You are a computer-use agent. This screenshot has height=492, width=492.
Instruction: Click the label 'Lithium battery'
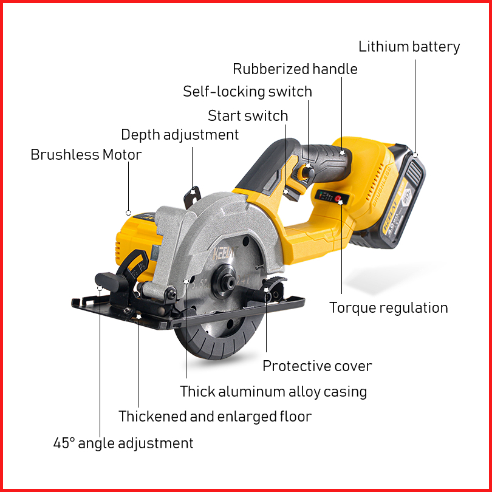coord(409,47)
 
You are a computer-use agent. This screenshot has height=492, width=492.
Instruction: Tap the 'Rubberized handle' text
coord(295,69)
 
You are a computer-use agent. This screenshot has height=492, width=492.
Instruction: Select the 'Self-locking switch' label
coord(247,92)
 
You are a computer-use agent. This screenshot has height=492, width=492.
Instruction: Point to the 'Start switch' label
coord(248,115)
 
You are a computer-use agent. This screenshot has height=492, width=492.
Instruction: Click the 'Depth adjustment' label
coord(180,135)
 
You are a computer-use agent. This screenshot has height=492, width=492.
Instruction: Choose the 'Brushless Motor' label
coord(86,155)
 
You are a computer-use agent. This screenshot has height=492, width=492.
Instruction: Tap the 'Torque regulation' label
coord(388,308)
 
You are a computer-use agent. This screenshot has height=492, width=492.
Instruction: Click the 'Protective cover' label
coord(317,366)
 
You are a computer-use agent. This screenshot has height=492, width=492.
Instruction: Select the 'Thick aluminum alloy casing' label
coord(273,392)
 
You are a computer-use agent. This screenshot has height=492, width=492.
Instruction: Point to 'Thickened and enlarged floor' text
coord(214,417)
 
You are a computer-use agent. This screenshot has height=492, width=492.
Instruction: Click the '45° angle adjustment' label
coord(123,443)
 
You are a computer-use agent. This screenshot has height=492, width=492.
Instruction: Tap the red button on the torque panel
coord(338,197)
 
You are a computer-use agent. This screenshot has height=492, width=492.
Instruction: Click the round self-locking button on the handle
coord(309,173)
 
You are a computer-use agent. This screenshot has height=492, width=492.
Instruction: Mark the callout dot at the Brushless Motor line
coord(128,213)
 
